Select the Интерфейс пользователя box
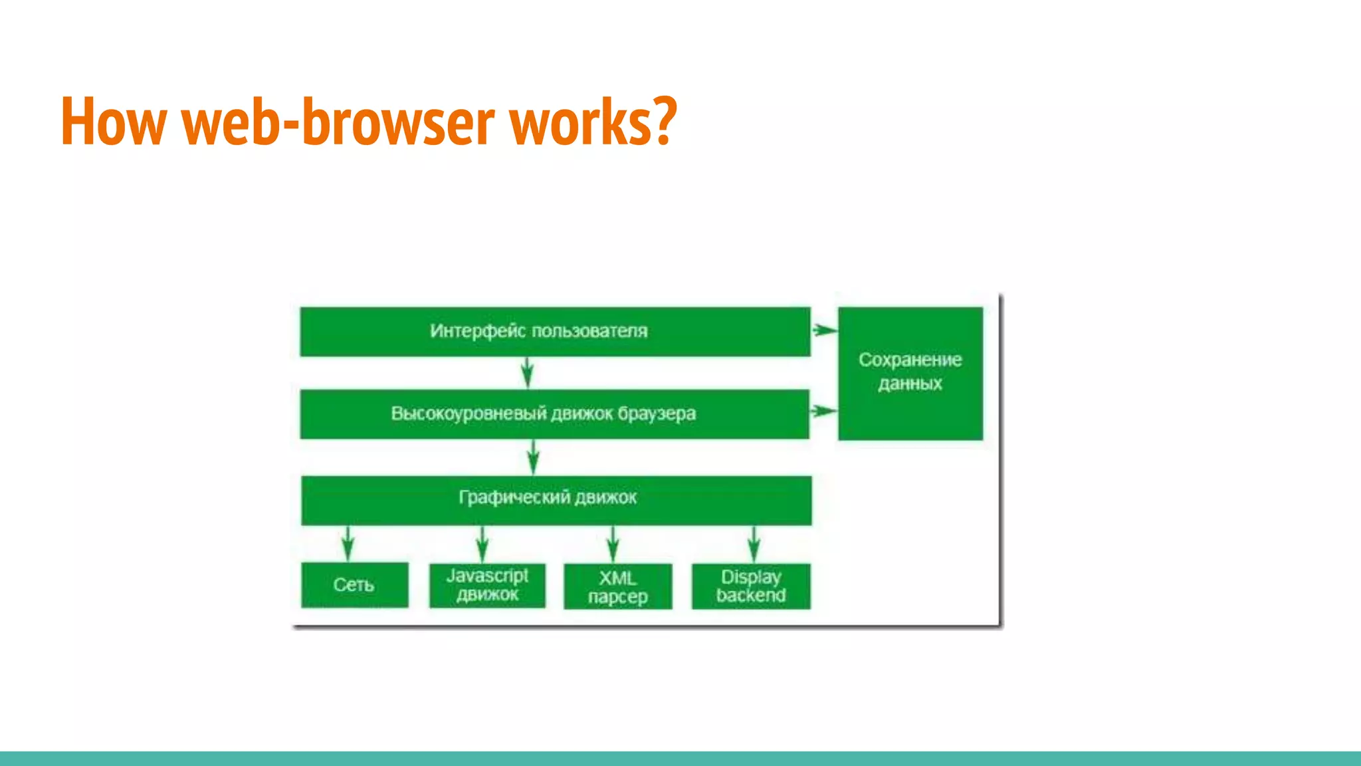point(555,331)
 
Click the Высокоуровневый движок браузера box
point(554,414)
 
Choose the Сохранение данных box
point(910,372)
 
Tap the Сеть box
point(354,584)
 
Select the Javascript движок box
point(487,585)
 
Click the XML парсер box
point(617,586)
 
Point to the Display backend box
point(751,586)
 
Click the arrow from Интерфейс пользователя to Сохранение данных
point(825,329)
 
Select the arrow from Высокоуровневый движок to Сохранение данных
point(823,411)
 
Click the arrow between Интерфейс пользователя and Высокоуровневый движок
point(527,373)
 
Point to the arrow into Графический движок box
point(534,457)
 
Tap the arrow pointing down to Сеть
point(348,544)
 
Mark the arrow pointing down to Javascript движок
point(482,545)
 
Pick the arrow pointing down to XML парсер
point(613,545)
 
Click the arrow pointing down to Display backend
point(754,545)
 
